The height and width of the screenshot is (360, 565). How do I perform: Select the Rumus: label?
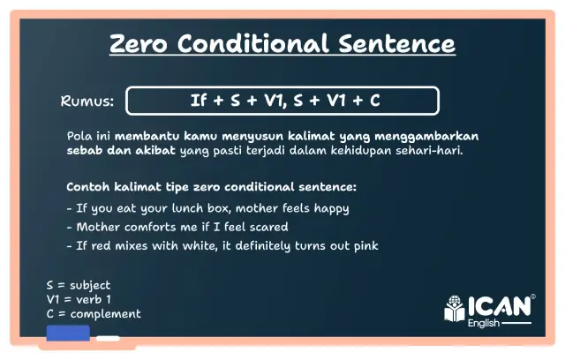click(x=87, y=101)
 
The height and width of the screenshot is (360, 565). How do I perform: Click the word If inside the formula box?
click(x=199, y=101)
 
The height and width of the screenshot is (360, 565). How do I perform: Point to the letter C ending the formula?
click(x=375, y=101)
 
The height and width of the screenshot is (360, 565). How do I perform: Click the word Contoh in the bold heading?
click(x=88, y=187)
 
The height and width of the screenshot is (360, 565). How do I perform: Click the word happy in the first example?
click(x=330, y=208)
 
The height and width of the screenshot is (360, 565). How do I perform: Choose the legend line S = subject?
click(x=79, y=286)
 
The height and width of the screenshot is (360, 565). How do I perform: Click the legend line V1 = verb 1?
click(x=79, y=300)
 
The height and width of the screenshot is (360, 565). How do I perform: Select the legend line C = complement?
click(x=94, y=314)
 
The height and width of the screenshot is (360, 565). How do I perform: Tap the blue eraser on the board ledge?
click(x=67, y=334)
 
